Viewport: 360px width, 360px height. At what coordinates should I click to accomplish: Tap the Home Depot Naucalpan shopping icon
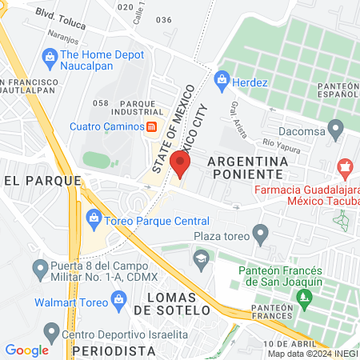[50, 57]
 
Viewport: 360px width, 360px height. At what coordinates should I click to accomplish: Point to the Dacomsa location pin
[336, 126]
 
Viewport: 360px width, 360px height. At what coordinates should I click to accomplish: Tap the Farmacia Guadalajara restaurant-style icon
[346, 169]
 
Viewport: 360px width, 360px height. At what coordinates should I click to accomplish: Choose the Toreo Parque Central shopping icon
[94, 218]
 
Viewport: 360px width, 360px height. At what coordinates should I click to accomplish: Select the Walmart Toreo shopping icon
[120, 302]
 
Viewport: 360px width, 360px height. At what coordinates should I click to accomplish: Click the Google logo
[26, 350]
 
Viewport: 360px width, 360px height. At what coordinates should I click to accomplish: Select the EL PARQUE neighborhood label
[33, 181]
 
